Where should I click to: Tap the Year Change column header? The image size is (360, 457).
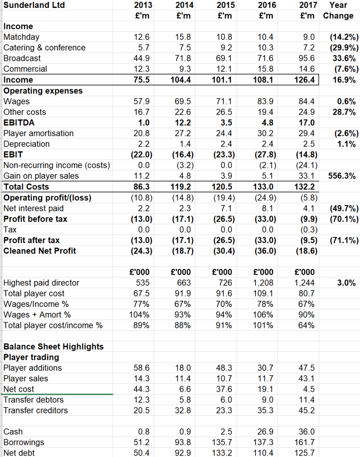coord(338,10)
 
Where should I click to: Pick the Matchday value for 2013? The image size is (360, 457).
coord(142,37)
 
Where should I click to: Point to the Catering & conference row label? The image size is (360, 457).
coord(45,47)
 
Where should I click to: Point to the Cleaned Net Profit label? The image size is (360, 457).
coord(39,251)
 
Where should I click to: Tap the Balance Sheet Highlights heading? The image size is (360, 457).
coord(53,346)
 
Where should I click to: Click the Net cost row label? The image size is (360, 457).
coord(18,389)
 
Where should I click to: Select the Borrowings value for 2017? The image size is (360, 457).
coord(306,442)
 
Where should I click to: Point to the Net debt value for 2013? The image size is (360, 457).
coord(142,453)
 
